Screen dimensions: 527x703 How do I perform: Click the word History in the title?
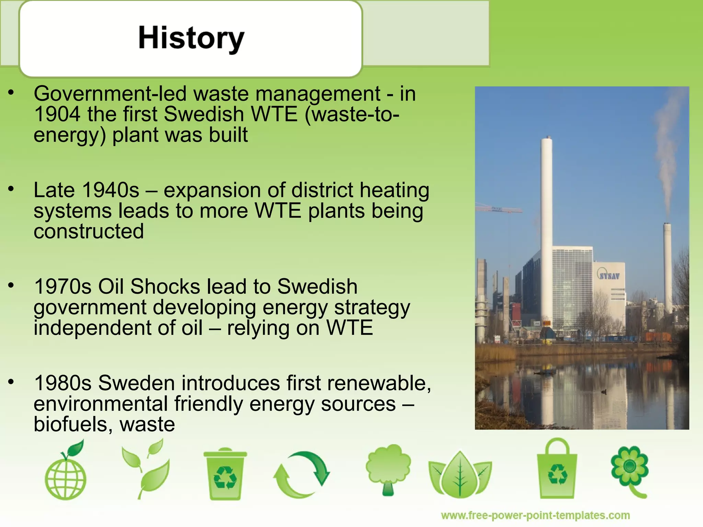point(191,38)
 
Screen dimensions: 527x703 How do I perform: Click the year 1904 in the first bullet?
point(57,114)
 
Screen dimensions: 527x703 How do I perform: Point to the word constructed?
point(89,231)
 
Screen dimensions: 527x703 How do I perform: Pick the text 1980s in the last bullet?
point(62,383)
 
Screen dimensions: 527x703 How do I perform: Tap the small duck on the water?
point(604,392)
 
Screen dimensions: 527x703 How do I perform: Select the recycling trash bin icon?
point(225,474)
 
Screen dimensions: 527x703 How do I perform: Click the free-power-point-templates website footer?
point(535,515)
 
